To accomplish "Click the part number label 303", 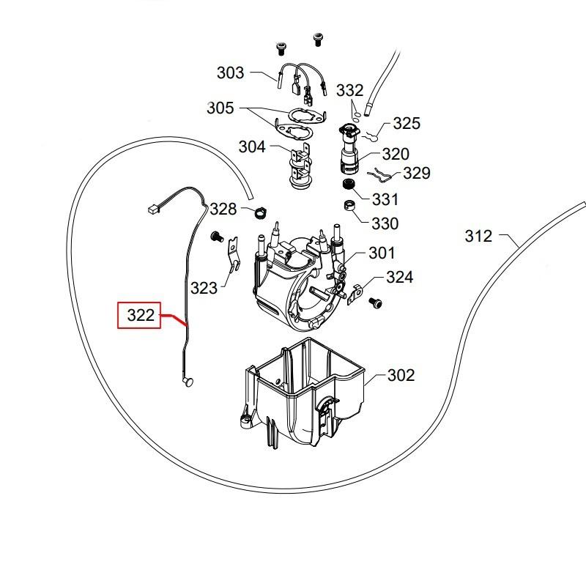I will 230,73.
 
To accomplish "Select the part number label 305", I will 220,108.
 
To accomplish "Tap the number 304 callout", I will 252,146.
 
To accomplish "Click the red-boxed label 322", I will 140,316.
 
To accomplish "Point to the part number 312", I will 478,236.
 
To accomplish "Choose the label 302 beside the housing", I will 401,376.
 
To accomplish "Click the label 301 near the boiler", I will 381,253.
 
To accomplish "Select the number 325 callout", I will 407,123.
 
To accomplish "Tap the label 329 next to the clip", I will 416,174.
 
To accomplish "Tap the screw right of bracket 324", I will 375,300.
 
